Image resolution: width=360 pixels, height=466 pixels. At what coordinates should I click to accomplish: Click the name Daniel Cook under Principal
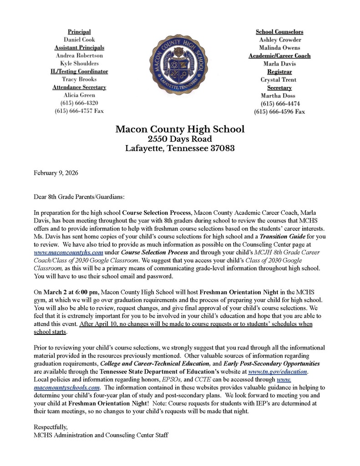tap(79, 40)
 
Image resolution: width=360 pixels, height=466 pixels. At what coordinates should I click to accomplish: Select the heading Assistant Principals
tap(79, 47)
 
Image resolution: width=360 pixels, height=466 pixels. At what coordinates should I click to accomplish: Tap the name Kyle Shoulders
tap(79, 63)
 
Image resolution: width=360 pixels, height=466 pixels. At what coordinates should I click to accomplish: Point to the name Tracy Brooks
tap(79, 79)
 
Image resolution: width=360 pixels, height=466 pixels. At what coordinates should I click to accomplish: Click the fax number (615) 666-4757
tap(79, 111)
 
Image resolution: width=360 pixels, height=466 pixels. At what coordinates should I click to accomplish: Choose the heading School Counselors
tap(279, 32)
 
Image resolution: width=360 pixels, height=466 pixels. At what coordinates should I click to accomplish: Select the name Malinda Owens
tap(279, 47)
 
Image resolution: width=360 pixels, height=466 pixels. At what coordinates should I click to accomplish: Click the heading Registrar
tap(279, 71)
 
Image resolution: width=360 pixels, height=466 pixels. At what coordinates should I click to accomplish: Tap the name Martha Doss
tap(279, 96)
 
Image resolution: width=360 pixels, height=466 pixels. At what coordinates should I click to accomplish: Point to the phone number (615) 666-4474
tap(279, 103)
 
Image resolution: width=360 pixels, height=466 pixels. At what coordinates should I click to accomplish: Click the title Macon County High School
tap(180, 129)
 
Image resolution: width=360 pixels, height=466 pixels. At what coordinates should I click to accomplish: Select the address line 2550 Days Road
tap(180, 139)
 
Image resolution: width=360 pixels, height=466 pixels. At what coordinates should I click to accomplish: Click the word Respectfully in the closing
tap(51, 427)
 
